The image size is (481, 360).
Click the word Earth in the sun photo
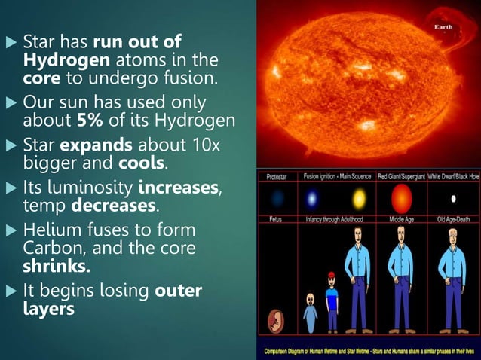point(443,27)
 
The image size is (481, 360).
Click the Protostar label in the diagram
point(277,176)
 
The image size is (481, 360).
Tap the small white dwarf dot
point(453,199)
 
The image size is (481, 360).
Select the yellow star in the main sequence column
point(359,199)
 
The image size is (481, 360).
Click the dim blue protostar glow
point(277,199)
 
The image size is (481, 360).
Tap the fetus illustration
point(276,319)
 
